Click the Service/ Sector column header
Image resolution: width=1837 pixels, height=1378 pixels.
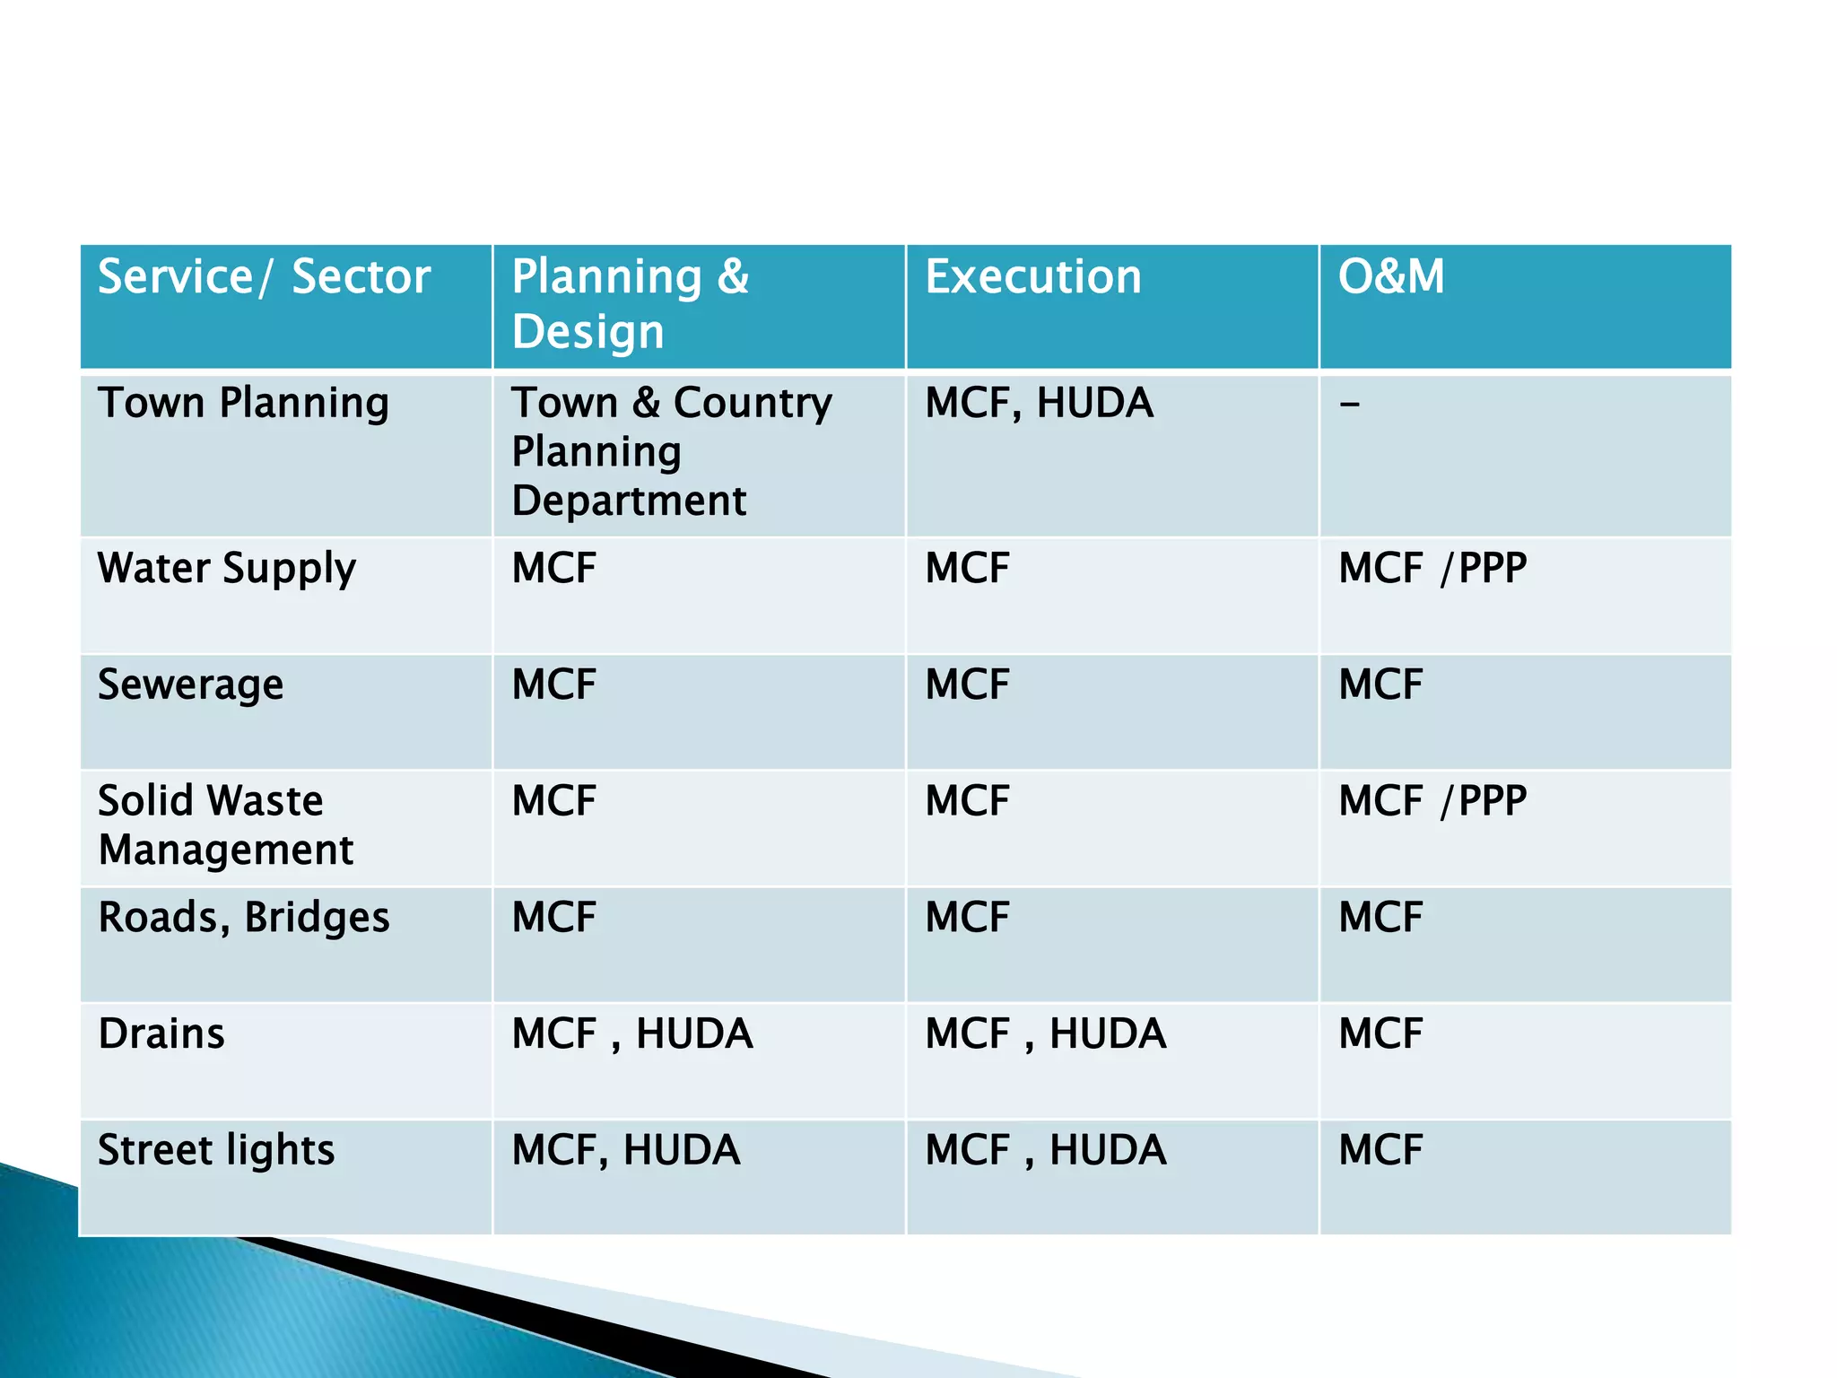tap(264, 276)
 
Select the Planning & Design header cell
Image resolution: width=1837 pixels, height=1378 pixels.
tap(630, 303)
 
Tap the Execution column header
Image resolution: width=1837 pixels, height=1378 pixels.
tap(1033, 276)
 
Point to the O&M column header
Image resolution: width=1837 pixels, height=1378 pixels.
tap(1391, 276)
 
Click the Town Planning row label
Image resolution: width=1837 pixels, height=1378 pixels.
tap(243, 403)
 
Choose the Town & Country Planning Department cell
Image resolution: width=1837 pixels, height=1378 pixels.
tap(671, 451)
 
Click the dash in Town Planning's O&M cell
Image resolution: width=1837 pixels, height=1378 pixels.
tap(1349, 405)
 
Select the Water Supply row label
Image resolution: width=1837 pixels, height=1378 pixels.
tap(227, 569)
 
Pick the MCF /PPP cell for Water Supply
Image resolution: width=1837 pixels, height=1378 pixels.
tap(1432, 569)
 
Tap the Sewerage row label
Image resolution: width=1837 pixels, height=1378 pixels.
tap(190, 685)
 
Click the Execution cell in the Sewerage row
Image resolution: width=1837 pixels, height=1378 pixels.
tap(967, 685)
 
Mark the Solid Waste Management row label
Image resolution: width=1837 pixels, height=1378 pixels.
tap(225, 824)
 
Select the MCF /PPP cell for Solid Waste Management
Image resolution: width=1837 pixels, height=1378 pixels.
tap(1432, 801)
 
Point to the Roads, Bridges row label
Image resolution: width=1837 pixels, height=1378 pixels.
tap(244, 918)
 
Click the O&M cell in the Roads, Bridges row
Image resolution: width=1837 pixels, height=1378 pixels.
tap(1380, 918)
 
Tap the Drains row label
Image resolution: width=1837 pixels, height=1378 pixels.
tap(161, 1034)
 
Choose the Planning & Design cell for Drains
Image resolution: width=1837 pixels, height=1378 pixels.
tap(631, 1034)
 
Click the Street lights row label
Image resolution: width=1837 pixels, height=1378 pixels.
tap(216, 1151)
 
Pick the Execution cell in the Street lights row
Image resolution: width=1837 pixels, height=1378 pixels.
tap(1045, 1151)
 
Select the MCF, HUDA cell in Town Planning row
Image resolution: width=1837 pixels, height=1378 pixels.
tap(1039, 403)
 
